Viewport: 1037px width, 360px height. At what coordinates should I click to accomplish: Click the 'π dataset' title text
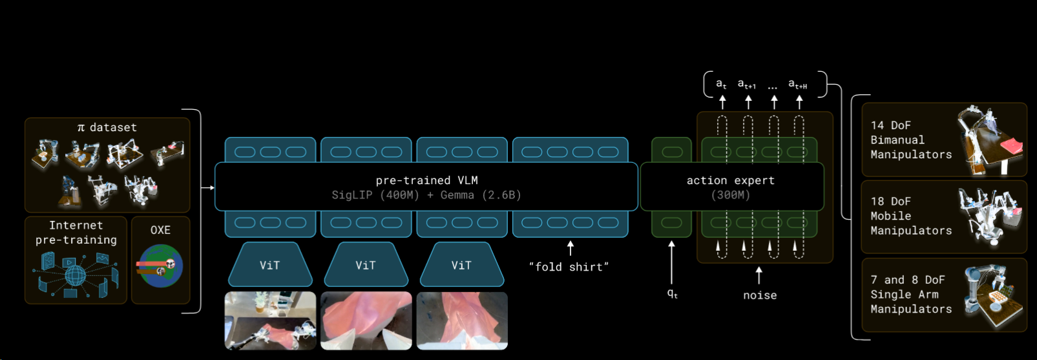(107, 127)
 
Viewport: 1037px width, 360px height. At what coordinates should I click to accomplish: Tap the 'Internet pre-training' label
(76, 233)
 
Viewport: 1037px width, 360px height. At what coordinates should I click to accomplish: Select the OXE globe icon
(160, 266)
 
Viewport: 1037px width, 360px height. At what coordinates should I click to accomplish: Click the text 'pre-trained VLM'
(426, 180)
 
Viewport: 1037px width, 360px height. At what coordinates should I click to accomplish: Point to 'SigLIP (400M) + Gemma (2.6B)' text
(426, 195)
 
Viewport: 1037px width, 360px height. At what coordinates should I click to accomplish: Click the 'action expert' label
(730, 180)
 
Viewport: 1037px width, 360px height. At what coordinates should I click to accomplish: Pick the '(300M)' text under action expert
(730, 195)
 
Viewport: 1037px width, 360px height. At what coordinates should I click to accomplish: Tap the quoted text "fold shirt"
(569, 267)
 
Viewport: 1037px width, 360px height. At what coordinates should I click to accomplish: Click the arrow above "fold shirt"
(570, 248)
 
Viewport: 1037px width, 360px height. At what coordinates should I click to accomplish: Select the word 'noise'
(760, 295)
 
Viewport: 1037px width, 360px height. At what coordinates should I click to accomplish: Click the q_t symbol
(672, 293)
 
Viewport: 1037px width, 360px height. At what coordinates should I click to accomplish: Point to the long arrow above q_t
(672, 262)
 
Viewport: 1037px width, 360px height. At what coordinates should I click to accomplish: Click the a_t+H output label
(797, 85)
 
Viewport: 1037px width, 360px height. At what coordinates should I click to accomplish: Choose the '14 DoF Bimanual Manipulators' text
(910, 140)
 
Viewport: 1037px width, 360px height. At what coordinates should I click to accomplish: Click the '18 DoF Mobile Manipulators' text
(910, 216)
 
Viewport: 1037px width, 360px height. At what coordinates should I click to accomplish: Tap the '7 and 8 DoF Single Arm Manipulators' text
(910, 294)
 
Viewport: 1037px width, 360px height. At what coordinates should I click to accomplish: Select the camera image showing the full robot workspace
(270, 321)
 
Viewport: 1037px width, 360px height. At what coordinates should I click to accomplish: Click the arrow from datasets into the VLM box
(208, 187)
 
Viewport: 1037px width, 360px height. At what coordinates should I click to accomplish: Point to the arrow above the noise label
(759, 275)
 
